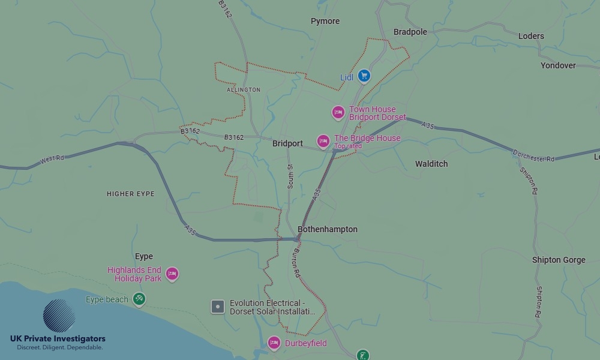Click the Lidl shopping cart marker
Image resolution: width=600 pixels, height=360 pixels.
[364, 76]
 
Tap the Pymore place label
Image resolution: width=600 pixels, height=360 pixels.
[325, 21]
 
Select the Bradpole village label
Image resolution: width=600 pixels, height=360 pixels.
[410, 32]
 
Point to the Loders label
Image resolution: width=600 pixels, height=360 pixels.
[531, 36]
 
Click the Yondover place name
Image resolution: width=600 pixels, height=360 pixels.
[558, 65]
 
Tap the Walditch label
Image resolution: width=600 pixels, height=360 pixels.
[431, 164]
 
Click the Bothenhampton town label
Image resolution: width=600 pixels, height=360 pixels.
[328, 229]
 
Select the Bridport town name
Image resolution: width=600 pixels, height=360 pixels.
[287, 144]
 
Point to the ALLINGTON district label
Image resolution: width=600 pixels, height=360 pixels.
[244, 90]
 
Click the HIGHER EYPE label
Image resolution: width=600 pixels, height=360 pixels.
[130, 194]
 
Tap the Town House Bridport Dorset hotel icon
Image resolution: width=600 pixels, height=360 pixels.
[338, 112]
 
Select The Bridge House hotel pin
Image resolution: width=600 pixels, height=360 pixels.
[323, 141]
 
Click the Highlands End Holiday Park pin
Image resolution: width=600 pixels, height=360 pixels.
[172, 274]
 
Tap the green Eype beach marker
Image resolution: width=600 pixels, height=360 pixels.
[139, 298]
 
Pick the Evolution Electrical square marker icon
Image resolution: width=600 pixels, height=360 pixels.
[218, 307]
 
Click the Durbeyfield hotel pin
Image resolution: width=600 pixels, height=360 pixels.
[274, 343]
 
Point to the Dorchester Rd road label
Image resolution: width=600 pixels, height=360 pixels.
[534, 155]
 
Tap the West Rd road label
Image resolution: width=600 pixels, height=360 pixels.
[52, 159]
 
